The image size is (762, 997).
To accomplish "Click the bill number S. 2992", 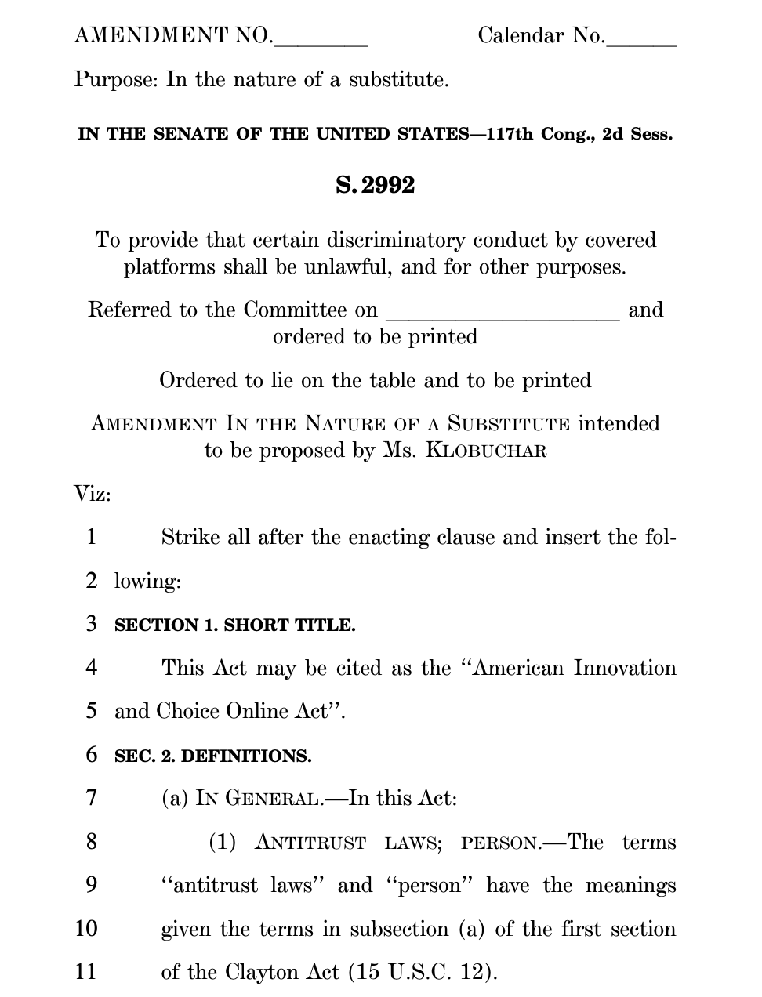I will pos(375,186).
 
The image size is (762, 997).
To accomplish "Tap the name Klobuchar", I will pos(486,451).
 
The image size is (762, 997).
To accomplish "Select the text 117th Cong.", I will pos(540,134).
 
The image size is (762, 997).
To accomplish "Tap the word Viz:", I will pos(93,495).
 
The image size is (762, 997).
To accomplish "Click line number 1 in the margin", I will pos(92,538).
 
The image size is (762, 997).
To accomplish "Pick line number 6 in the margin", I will pos(92,756).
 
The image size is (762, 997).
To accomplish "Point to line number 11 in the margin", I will pos(86,973).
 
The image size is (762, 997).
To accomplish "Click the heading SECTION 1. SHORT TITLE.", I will pos(234,625).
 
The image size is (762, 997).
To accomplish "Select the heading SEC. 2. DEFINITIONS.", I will pos(212,756).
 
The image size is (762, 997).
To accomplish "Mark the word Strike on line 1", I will pos(190,538).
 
